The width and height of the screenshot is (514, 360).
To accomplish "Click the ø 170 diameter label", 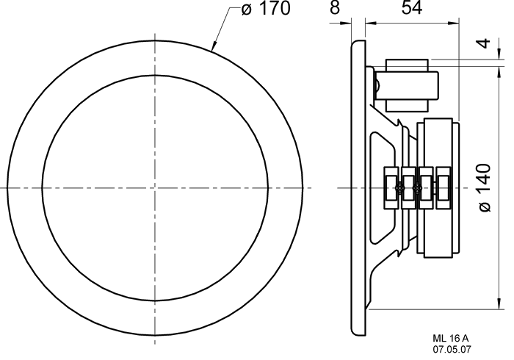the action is click(x=266, y=9).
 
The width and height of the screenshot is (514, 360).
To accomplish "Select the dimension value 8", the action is click(x=334, y=7).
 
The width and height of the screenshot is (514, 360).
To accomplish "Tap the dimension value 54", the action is click(x=412, y=7).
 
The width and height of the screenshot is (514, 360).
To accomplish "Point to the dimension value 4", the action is click(x=485, y=43).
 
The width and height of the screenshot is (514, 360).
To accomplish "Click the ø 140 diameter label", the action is click(x=485, y=187).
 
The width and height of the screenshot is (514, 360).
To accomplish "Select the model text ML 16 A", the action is click(x=451, y=339).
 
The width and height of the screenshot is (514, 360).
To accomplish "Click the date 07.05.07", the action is click(x=452, y=350).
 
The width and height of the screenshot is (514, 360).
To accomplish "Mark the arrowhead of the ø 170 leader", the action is click(x=214, y=47).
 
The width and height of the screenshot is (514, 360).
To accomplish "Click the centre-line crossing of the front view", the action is click(x=155, y=188).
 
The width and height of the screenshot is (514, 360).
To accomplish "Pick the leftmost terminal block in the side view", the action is click(x=391, y=187).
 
